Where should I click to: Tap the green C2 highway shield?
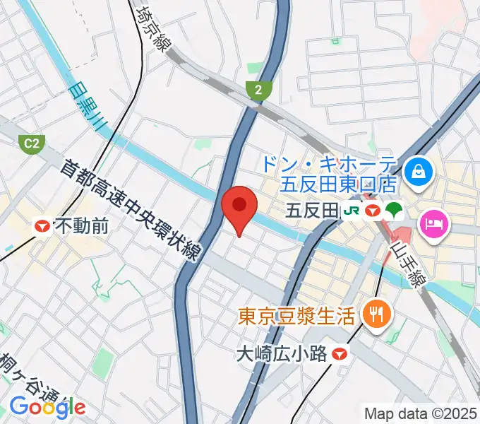click(x=31, y=144)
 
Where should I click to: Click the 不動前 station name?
click(x=82, y=226)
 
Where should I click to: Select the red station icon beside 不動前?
click(x=43, y=226)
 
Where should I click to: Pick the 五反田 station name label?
click(x=314, y=210)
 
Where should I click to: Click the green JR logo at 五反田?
click(x=351, y=210)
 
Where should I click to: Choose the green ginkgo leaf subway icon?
click(x=393, y=210)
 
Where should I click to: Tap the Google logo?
click(x=47, y=406)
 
